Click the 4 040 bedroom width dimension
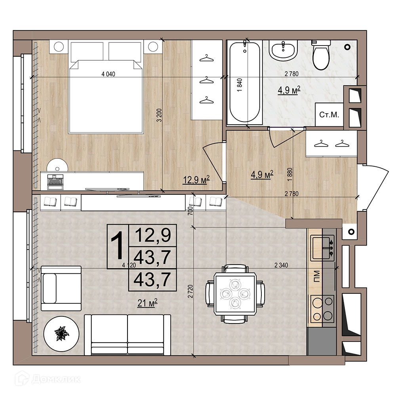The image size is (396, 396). tap(108, 74)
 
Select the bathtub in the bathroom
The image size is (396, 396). tap(245, 82)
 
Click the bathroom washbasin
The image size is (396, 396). tap(283, 50)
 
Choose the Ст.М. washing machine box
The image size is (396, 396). tap(329, 114)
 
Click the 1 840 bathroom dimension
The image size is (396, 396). tap(240, 85)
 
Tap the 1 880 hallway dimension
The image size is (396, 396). tap(289, 174)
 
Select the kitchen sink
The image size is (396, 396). tap(322, 248)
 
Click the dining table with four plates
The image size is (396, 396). tap(235, 294)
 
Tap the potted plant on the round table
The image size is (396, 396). tap(61, 333)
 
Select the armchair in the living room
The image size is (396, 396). tap(61, 288)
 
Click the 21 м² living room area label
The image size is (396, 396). tap(147, 303)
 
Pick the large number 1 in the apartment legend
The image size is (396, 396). tap(118, 246)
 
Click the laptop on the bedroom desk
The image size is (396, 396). tap(55, 182)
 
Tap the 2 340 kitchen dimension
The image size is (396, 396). tap(281, 265)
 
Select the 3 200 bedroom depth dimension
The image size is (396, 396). tap(159, 115)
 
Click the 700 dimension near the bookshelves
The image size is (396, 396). tap(190, 211)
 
